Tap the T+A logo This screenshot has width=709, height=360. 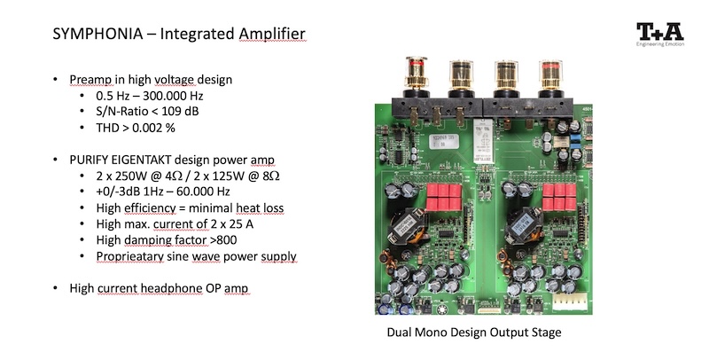point(660,32)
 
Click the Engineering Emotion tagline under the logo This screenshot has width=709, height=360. point(660,45)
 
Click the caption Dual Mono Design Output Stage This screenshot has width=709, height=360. point(473,333)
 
